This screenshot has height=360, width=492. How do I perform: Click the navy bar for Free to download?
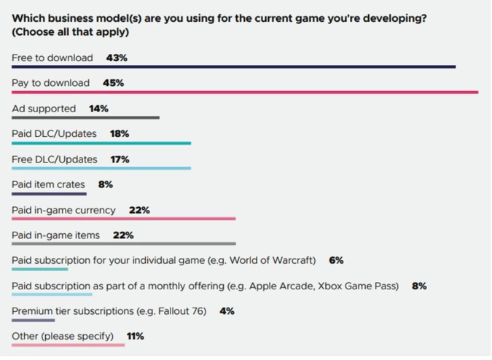click(233, 67)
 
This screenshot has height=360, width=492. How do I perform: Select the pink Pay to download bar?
click(245, 93)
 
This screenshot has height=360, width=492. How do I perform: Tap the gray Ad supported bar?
click(85, 118)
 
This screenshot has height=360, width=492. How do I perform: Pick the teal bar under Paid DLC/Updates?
click(101, 144)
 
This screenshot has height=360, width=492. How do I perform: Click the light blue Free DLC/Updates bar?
click(101, 168)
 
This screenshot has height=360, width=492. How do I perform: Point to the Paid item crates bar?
click(49, 194)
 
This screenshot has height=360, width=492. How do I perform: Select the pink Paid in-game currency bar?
click(124, 219)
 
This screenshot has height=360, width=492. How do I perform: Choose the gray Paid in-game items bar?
click(124, 244)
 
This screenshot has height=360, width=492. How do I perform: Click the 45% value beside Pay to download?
click(113, 83)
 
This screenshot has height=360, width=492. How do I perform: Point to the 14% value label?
click(98, 109)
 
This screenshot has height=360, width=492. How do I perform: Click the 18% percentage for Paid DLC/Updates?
click(120, 134)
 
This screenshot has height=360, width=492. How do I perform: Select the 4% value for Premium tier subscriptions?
click(227, 311)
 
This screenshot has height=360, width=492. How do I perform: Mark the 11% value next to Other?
click(135, 336)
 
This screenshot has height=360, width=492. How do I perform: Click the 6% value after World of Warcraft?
click(336, 260)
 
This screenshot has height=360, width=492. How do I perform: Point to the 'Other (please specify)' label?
click(63, 336)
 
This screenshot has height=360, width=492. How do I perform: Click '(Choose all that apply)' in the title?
click(71, 33)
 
